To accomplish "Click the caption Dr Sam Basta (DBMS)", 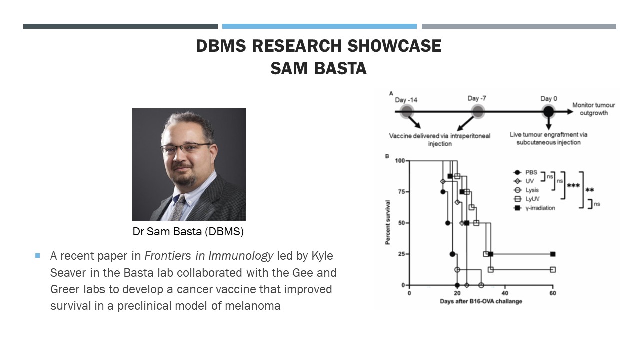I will click(x=188, y=232).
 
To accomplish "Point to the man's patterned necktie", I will click(x=178, y=207).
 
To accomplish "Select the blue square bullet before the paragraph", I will click(x=37, y=256).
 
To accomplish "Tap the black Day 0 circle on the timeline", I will click(x=548, y=112).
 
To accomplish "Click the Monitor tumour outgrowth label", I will click(x=593, y=109).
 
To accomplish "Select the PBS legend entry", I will click(x=531, y=173).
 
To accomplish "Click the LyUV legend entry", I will click(x=532, y=199).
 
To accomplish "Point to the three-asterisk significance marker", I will click(x=573, y=186).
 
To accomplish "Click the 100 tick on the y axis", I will click(x=399, y=161).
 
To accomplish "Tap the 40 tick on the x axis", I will click(x=505, y=293).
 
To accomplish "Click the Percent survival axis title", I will click(x=388, y=222).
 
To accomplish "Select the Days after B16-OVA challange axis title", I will click(x=481, y=301).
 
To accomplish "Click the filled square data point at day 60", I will click(x=552, y=254).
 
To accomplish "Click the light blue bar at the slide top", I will click(x=319, y=26).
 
